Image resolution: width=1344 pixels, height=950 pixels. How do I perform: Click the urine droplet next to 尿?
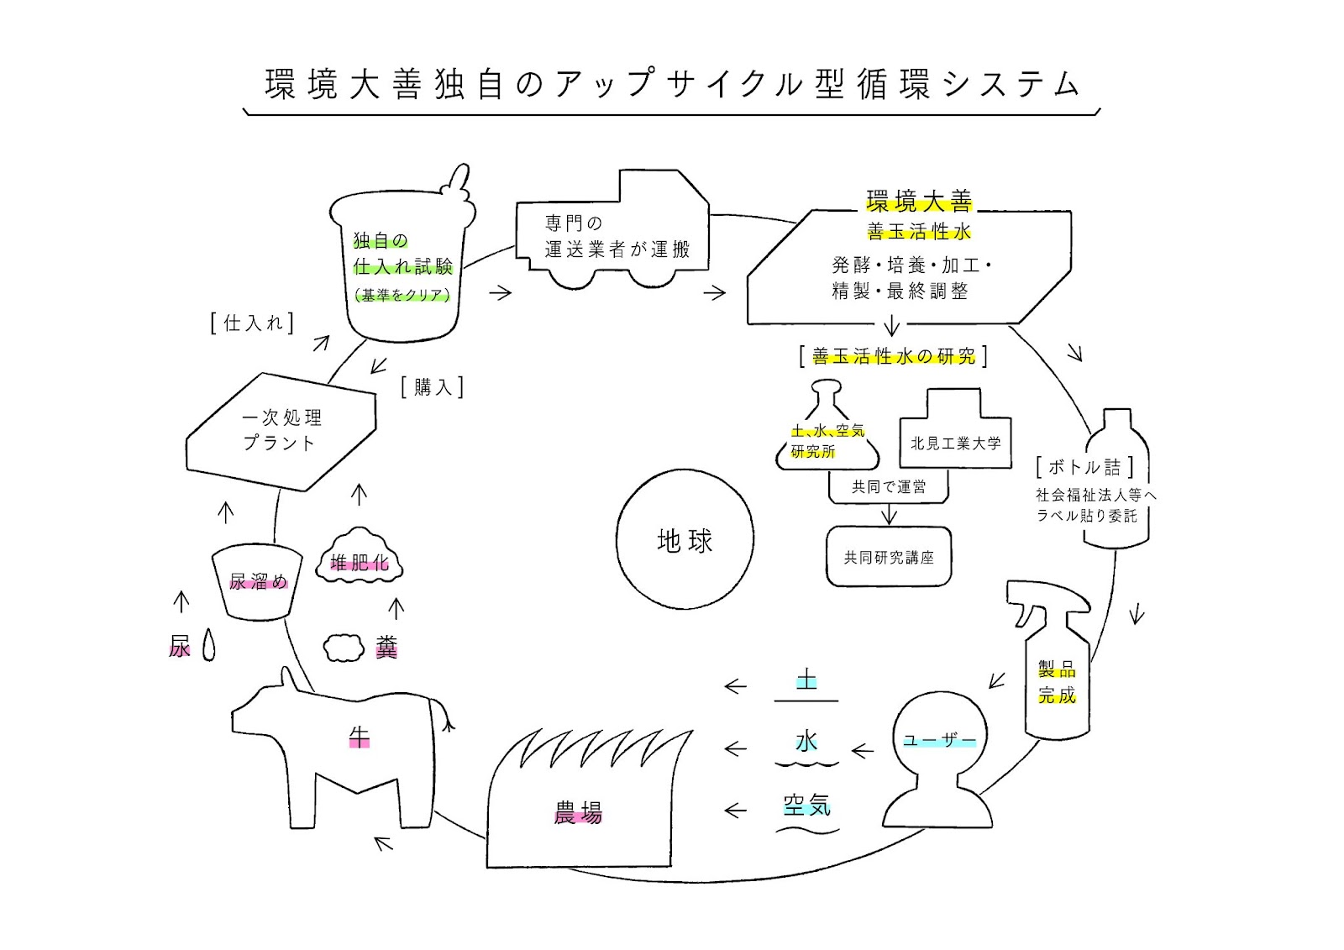point(208,644)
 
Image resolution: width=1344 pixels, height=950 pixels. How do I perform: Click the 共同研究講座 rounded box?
point(889,557)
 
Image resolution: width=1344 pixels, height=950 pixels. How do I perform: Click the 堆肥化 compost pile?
point(360,557)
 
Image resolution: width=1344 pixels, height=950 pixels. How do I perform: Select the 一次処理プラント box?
point(281,432)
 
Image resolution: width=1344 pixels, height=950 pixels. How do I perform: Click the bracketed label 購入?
point(432,387)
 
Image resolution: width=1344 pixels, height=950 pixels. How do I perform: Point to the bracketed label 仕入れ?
point(252,323)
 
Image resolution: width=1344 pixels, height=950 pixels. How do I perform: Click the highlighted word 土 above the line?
point(806,680)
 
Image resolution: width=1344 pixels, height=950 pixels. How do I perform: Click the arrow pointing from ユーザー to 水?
point(863,750)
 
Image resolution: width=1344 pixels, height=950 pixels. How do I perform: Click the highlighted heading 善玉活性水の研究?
point(894,356)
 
